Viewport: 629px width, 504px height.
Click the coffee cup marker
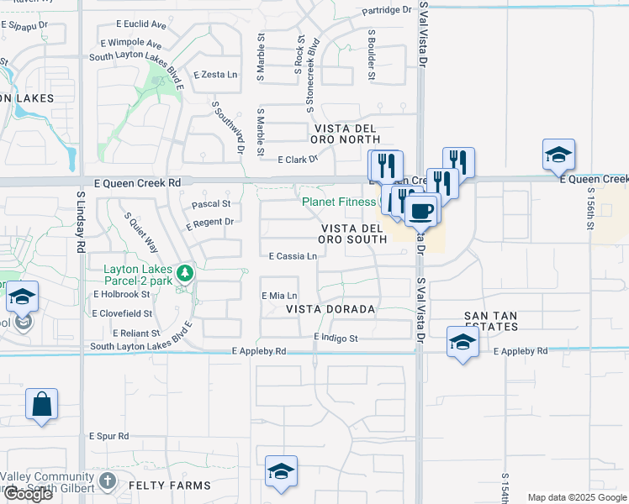pyautogui.click(x=421, y=209)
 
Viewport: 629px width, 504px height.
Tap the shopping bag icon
pyautogui.click(x=41, y=404)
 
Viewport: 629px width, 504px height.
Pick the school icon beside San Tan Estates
pyautogui.click(x=462, y=342)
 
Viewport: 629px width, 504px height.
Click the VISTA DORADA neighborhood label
pyautogui.click(x=330, y=309)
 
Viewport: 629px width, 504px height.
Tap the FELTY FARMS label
pyautogui.click(x=168, y=486)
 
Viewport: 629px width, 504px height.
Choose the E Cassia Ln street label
pyautogui.click(x=293, y=256)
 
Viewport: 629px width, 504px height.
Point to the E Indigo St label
pyautogui.click(x=336, y=338)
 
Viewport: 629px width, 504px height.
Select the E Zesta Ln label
pyautogui.click(x=215, y=75)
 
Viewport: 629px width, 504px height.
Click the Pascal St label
pyautogui.click(x=211, y=204)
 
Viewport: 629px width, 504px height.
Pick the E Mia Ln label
pyautogui.click(x=280, y=296)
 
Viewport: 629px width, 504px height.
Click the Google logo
pyautogui.click(x=27, y=494)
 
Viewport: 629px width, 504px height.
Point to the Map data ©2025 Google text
pyautogui.click(x=577, y=497)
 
